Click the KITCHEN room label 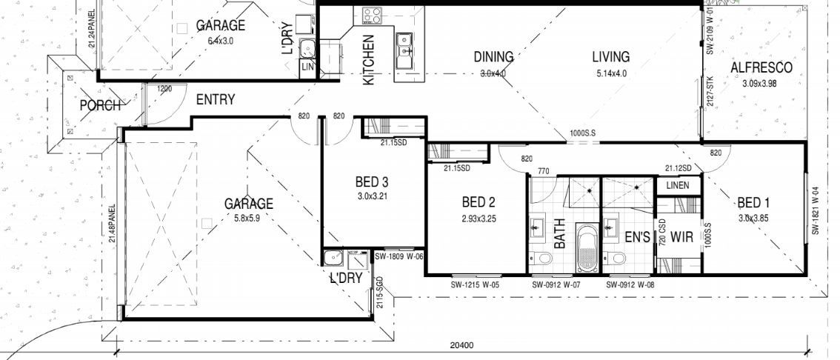[x=368, y=60]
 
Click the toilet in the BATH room [x=542, y=259]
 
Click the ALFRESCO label [x=761, y=68]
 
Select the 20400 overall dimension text [x=462, y=345]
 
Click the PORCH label [x=100, y=106]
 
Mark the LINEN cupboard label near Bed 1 [x=677, y=185]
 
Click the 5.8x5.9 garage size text [x=249, y=218]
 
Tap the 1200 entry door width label [x=164, y=89]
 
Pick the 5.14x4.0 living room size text [x=610, y=73]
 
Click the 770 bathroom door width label [x=543, y=171]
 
